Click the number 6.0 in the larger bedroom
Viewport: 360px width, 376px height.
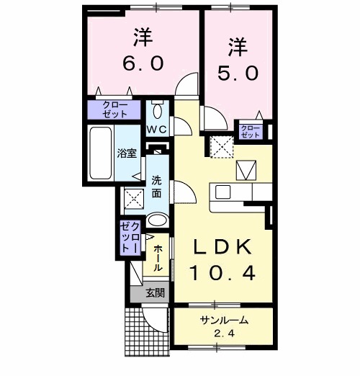point(143,63)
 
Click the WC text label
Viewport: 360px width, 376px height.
point(158,130)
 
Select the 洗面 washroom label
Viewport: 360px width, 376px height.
point(158,186)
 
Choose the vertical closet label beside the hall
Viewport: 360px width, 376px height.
point(129,237)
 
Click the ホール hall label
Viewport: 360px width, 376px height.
point(158,257)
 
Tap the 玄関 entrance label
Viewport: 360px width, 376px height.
point(154,293)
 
